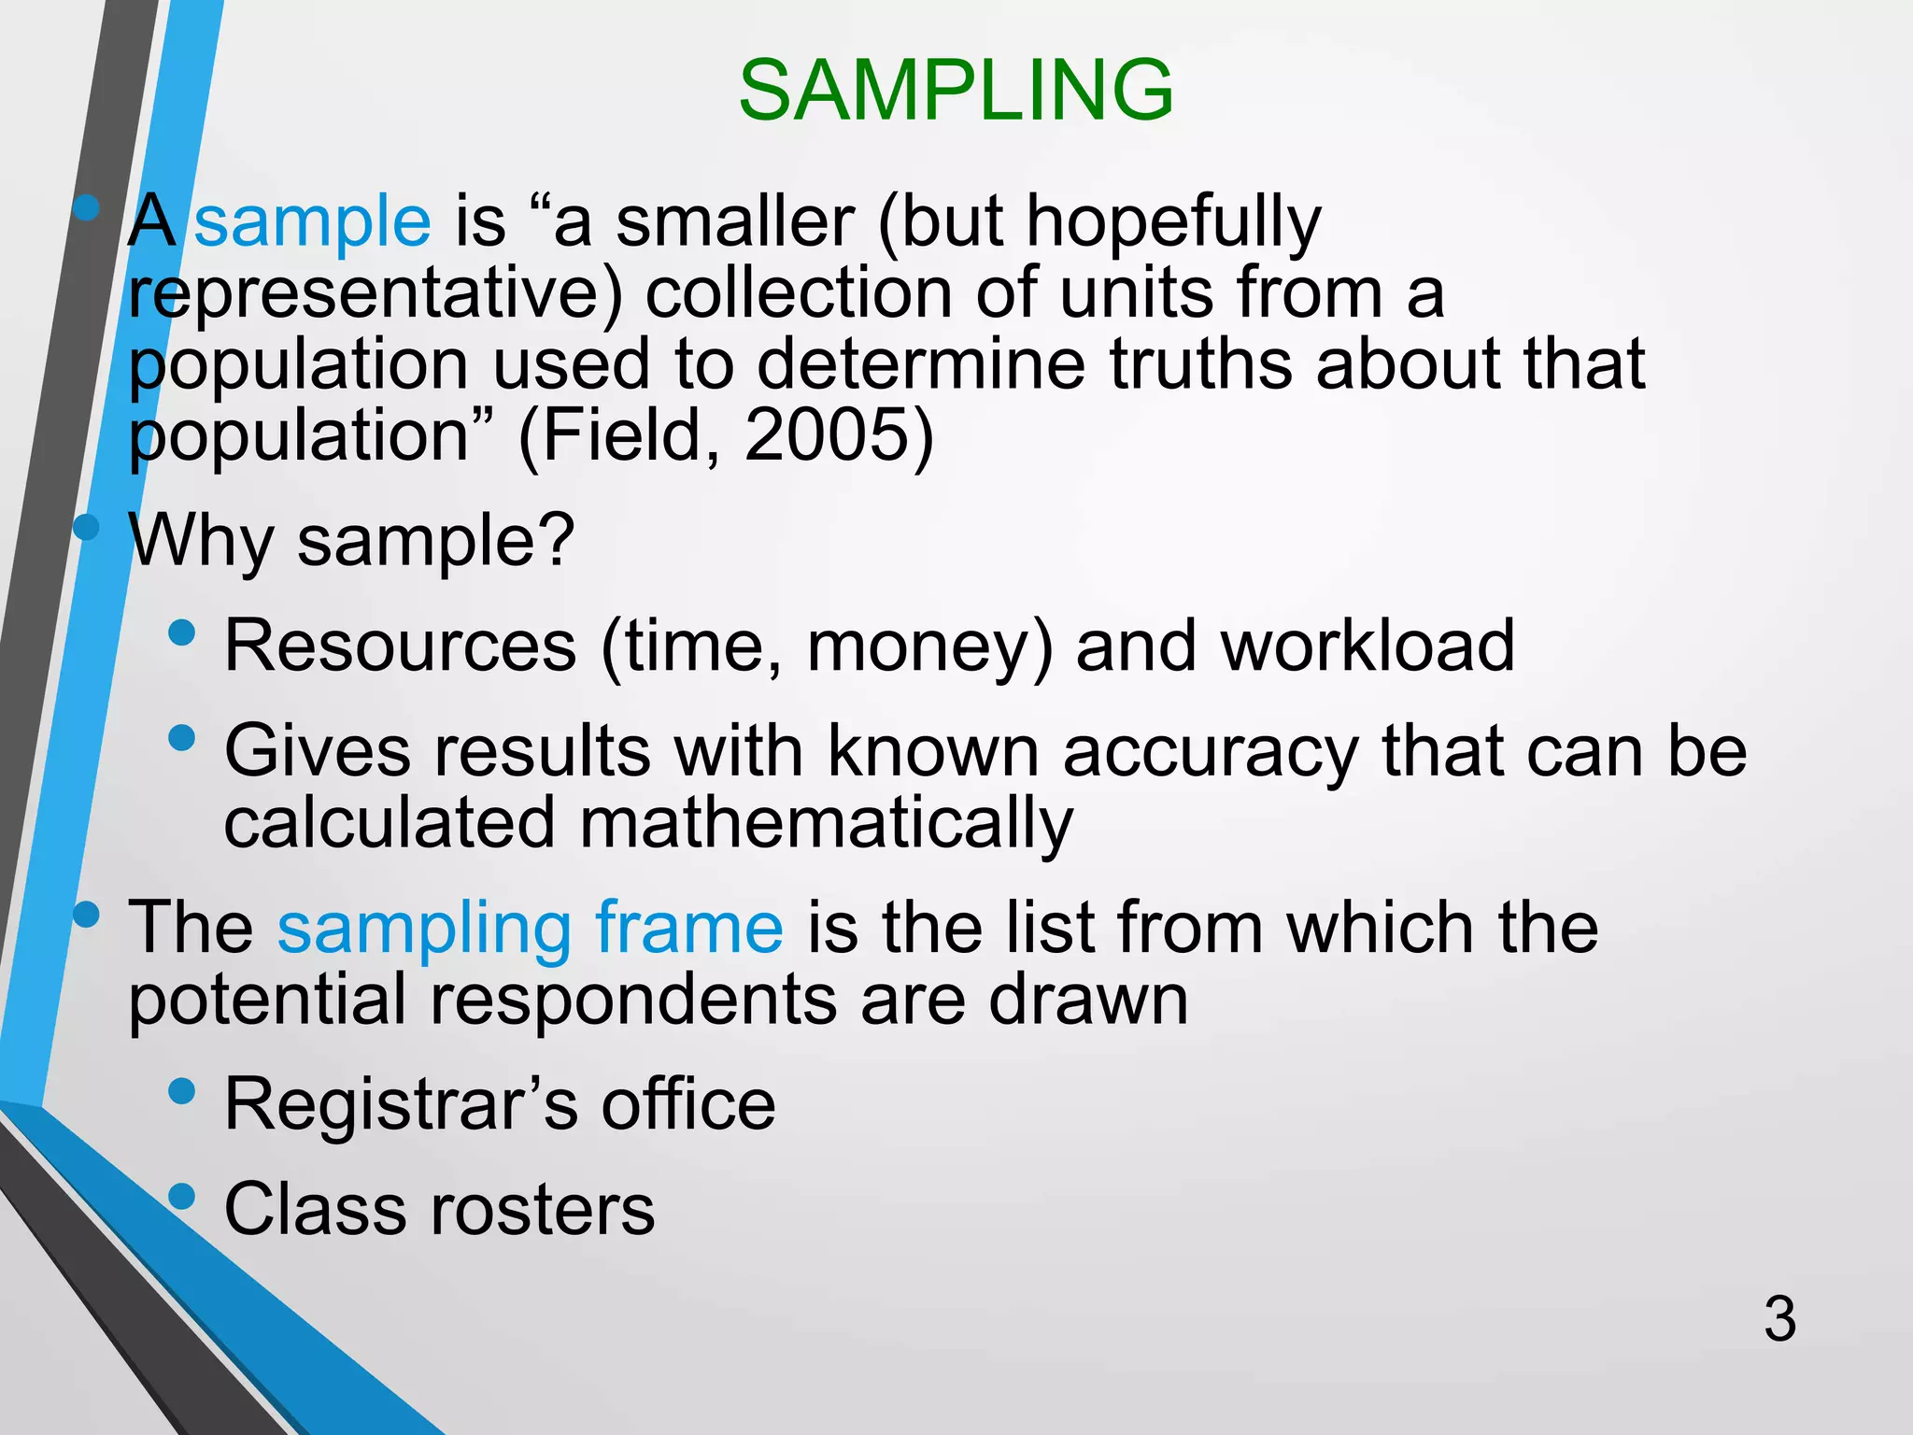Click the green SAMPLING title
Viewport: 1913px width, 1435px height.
[x=956, y=90]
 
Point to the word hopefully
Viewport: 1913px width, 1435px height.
[x=1173, y=224]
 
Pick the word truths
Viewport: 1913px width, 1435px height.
[x=1201, y=363]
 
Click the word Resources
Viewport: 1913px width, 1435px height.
[x=401, y=646]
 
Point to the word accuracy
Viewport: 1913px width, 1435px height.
[x=1211, y=752]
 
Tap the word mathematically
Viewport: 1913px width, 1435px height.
[x=826, y=824]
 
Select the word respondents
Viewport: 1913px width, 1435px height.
[x=634, y=1001]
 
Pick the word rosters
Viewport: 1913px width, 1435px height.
[x=542, y=1209]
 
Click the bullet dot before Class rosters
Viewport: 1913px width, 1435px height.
[x=182, y=1196]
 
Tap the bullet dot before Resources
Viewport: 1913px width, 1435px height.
[x=182, y=634]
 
